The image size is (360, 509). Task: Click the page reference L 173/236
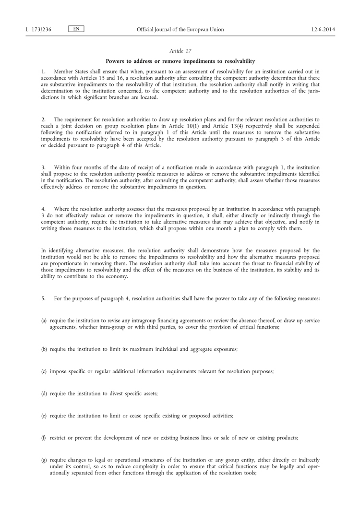coord(38,30)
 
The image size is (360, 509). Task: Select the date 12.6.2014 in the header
coord(323,30)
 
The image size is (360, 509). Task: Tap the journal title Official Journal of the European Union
coord(180,30)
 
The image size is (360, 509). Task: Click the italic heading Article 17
coord(180,51)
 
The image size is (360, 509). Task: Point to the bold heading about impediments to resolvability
coord(180,61)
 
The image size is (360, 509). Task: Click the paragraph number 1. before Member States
coord(43,71)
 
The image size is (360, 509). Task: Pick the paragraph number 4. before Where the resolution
coord(43,209)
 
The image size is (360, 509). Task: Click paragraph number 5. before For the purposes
coord(43,299)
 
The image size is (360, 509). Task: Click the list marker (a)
coord(44,320)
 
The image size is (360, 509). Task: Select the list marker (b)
coord(44,349)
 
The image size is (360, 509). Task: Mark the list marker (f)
coord(44,438)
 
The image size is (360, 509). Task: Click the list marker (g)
coord(44,460)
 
